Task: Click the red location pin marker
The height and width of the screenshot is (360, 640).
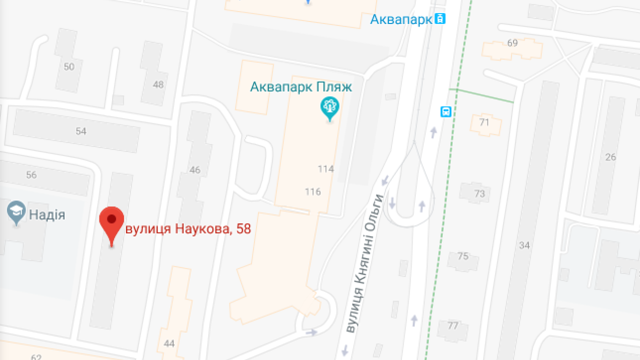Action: point(111,222)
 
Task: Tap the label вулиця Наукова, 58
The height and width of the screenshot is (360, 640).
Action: point(187,229)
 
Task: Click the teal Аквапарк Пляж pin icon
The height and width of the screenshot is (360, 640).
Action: point(329,107)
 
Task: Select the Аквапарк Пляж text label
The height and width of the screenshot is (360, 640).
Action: point(301,87)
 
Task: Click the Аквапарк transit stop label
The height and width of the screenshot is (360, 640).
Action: point(401,19)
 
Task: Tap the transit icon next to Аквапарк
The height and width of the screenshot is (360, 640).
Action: point(440,19)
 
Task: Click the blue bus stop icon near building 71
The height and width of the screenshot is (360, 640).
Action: point(445,111)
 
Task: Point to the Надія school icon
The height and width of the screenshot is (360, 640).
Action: point(16,212)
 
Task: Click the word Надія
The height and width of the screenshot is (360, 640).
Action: point(47,215)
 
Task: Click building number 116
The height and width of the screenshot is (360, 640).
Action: point(312,191)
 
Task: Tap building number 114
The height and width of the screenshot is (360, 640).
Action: point(325,169)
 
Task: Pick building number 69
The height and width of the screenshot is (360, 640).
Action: point(512,43)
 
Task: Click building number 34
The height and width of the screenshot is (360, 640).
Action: point(524,245)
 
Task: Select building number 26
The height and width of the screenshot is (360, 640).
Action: point(610,157)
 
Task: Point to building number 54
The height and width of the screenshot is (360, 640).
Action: point(81,131)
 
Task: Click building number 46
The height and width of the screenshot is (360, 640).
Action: point(195,170)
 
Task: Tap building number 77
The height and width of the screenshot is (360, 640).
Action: point(453,326)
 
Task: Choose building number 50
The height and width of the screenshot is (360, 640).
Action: point(69,67)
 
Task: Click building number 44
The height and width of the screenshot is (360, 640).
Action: point(169,343)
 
